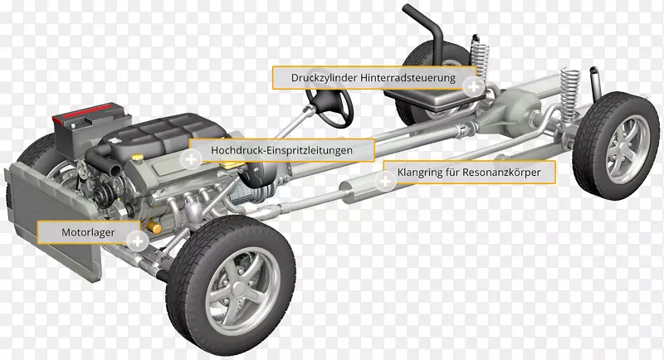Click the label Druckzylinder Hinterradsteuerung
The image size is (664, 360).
(373, 78)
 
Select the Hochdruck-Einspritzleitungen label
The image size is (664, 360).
(281, 150)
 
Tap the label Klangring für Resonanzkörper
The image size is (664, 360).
(469, 173)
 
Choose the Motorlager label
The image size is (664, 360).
(88, 232)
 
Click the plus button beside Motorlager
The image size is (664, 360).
(138, 241)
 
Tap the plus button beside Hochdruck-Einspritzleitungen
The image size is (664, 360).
(192, 159)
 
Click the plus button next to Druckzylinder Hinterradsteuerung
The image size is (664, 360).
(473, 87)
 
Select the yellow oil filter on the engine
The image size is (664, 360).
(154, 227)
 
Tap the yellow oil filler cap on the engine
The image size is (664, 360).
(136, 158)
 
